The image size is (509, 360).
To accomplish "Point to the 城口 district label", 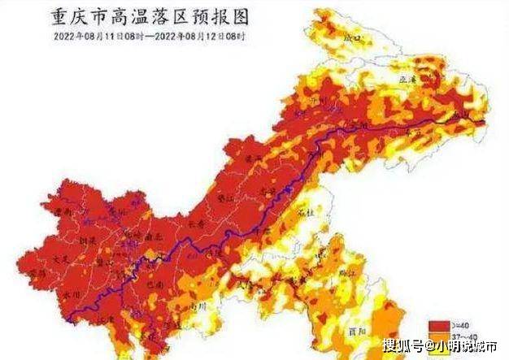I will pyautogui.click(x=352, y=37).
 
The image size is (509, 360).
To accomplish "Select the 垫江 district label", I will pyautogui.click(x=225, y=197).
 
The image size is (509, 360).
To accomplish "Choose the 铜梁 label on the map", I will pyautogui.click(x=88, y=241).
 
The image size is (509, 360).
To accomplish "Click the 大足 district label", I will pyautogui.click(x=59, y=258).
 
